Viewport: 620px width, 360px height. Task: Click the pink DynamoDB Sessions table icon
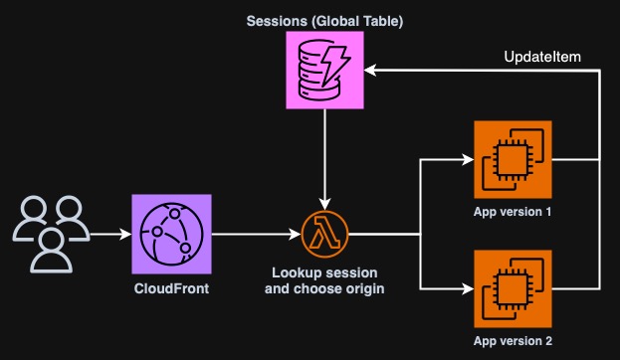[325, 70]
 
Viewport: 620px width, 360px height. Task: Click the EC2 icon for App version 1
[514, 159]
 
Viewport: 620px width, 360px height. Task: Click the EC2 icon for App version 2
[514, 289]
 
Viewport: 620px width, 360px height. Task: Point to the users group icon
[46, 235]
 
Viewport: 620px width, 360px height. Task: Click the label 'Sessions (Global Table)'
[325, 20]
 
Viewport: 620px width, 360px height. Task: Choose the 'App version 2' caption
[514, 341]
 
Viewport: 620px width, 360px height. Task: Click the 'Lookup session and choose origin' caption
[324, 280]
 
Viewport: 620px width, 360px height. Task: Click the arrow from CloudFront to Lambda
[255, 236]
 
